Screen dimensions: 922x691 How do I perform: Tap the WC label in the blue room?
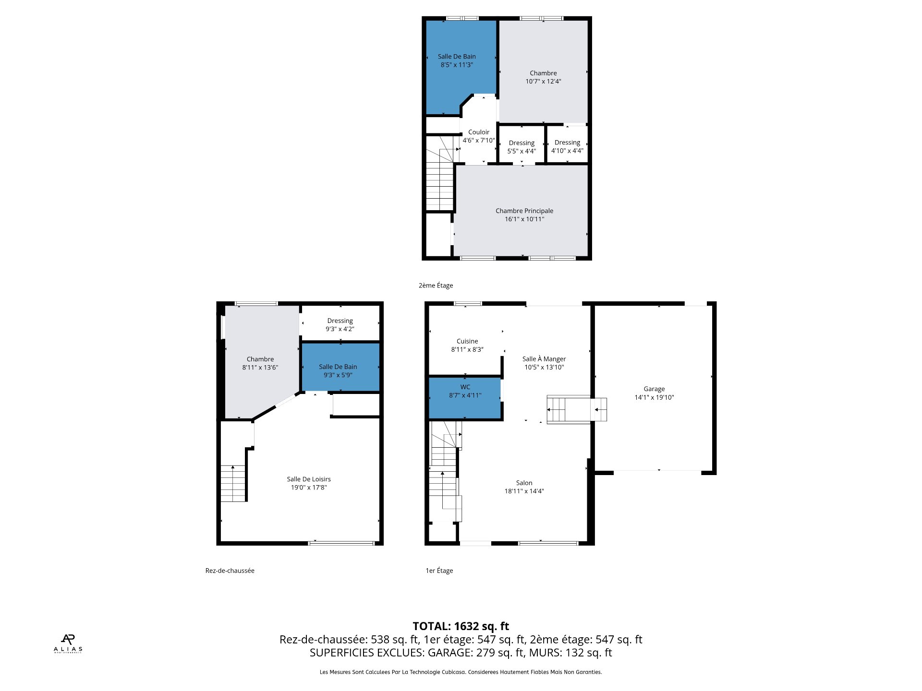pos(465,387)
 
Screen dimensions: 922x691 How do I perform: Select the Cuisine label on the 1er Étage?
pos(467,341)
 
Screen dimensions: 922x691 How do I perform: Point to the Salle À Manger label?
pos(544,359)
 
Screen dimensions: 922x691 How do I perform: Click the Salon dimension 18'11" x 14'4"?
pos(524,491)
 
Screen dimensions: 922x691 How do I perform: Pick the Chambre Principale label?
pos(524,211)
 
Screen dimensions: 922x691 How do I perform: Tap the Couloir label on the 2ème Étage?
pos(479,132)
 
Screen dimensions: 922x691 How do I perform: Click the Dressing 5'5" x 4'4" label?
pos(522,147)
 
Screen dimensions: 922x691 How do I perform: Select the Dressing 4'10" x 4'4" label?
pos(567,146)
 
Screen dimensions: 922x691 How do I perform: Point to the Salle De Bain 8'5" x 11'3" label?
pos(457,60)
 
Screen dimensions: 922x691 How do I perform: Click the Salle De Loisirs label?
pos(309,479)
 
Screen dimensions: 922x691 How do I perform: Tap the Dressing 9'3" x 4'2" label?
pos(340,325)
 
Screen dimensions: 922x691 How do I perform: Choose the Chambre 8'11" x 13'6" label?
pos(260,363)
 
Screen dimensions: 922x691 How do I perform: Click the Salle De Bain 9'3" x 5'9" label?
pos(338,371)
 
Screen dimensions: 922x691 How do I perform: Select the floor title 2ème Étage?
pos(436,286)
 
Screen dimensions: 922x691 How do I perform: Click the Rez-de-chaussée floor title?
pos(230,571)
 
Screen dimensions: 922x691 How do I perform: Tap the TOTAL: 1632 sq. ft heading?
pos(461,626)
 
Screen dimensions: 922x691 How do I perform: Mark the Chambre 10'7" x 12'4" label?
pos(543,77)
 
